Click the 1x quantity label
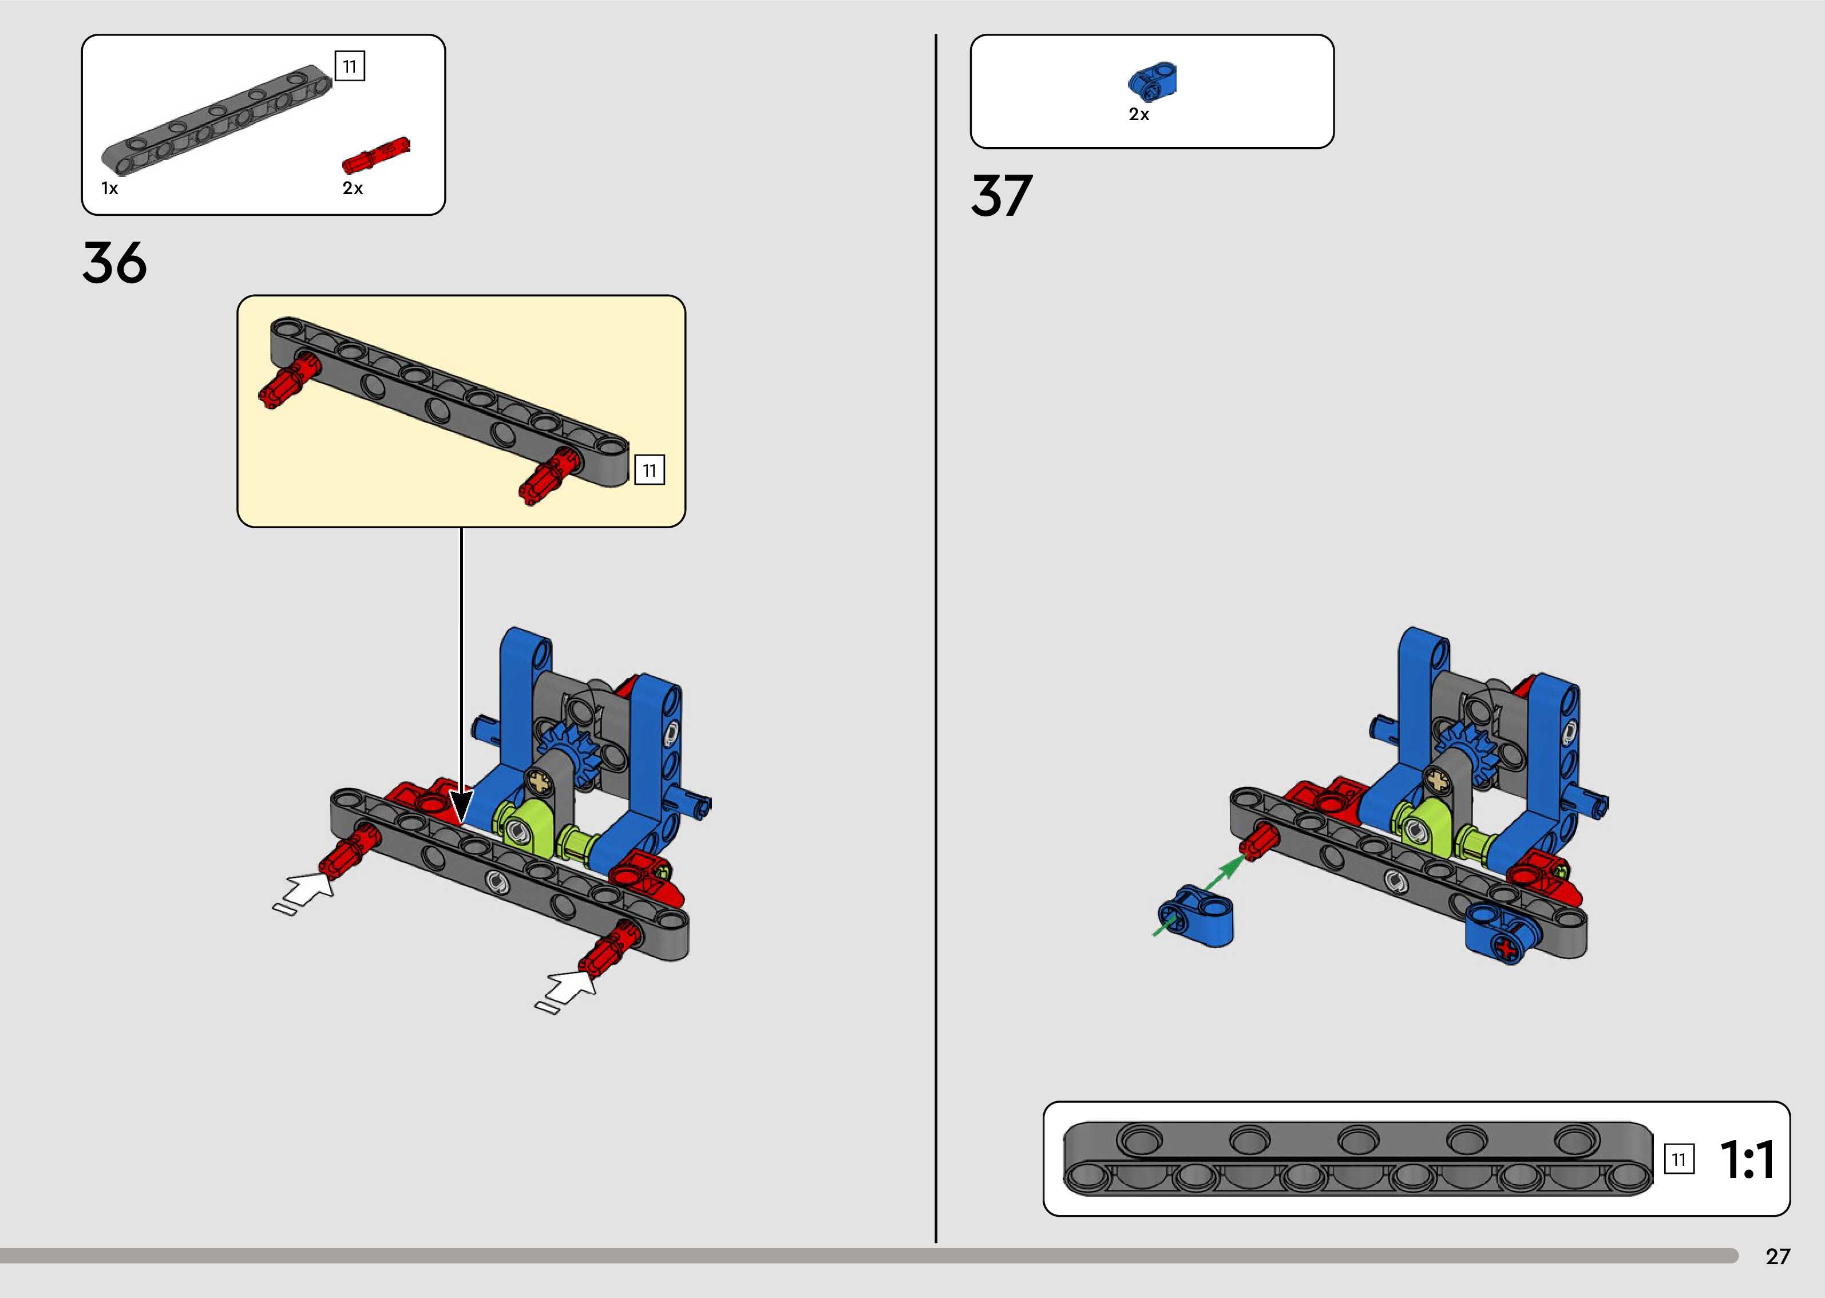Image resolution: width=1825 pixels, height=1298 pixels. tap(109, 189)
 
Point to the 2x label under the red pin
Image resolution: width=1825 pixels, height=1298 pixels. tap(353, 189)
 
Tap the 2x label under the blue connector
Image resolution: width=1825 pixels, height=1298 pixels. tap(1139, 115)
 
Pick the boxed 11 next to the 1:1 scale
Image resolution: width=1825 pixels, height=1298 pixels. tap(1678, 1159)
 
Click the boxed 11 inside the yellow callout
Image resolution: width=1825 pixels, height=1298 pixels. tap(649, 471)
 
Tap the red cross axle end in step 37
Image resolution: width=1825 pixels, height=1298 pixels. tap(1507, 949)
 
